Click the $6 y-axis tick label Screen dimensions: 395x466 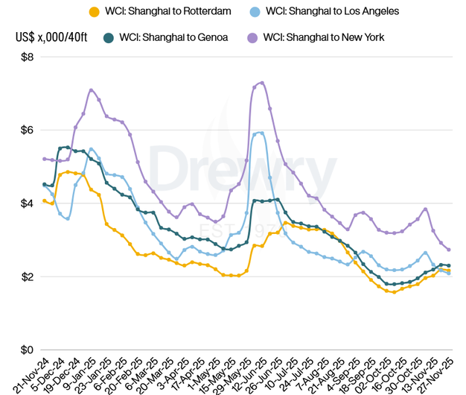(x=26, y=130)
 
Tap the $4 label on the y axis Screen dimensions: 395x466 (x=26, y=203)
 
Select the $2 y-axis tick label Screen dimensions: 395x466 (x=26, y=276)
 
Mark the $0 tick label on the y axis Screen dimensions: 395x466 (x=26, y=350)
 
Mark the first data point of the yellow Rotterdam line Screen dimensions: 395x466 (x=45, y=200)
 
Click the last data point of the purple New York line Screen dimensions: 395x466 (x=449, y=249)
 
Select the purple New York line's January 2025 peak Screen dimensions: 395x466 (x=92, y=90)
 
